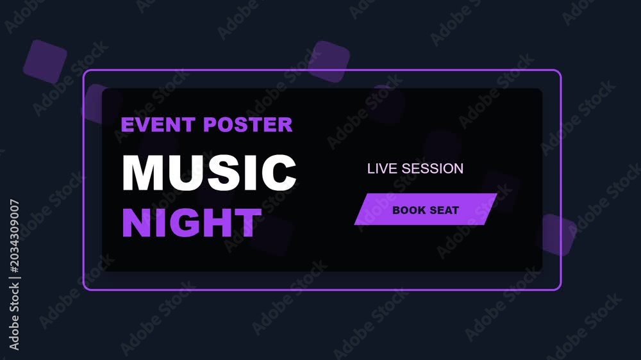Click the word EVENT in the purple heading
(x=158, y=125)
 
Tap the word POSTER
(x=248, y=125)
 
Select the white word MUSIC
(x=209, y=172)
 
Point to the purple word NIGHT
(x=192, y=223)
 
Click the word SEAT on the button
(x=445, y=210)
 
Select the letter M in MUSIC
(x=142, y=172)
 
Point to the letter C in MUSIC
(x=279, y=172)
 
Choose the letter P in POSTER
(x=210, y=125)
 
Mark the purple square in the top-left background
(x=45, y=61)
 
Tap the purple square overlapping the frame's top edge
(x=329, y=61)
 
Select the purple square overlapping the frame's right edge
(x=557, y=235)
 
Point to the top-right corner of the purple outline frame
(x=560, y=71)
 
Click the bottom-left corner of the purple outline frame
(x=84, y=289)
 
